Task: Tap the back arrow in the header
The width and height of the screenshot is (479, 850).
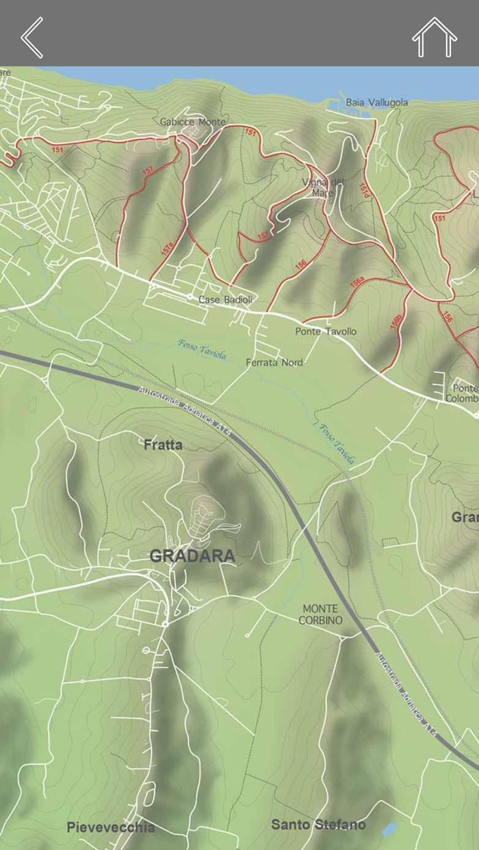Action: tap(32, 38)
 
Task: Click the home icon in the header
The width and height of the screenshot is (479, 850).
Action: tap(434, 38)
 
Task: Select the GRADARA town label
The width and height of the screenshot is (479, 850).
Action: tap(192, 556)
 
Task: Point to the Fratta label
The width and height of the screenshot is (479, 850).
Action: tap(163, 445)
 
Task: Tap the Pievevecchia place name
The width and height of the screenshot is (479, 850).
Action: tap(110, 827)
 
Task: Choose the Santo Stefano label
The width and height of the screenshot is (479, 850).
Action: tap(318, 825)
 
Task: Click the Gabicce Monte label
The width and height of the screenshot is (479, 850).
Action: tap(192, 122)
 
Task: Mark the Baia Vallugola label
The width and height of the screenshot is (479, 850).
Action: tap(376, 102)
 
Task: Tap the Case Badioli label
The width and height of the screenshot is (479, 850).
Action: tap(225, 300)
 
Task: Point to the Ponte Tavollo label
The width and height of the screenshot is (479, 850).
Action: tap(326, 331)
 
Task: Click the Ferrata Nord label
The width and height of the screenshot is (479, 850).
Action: tap(274, 362)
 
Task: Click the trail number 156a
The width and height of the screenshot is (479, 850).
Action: tap(357, 282)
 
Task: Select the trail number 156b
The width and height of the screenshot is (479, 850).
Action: tap(395, 321)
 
